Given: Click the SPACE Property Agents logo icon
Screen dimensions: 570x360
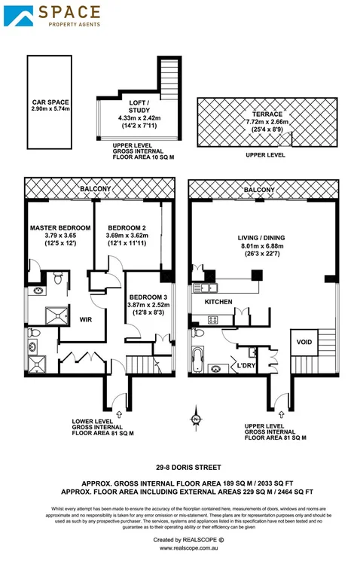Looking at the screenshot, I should point(20,16).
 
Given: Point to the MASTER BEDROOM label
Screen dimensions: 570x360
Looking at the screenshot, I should point(60,227).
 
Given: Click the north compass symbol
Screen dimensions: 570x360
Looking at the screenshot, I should point(195,419).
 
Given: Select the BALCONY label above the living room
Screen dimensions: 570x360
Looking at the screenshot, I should point(259,190).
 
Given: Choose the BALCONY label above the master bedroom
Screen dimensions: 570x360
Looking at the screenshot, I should point(96,188).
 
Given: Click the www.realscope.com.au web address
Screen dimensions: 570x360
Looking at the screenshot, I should point(180,549).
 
